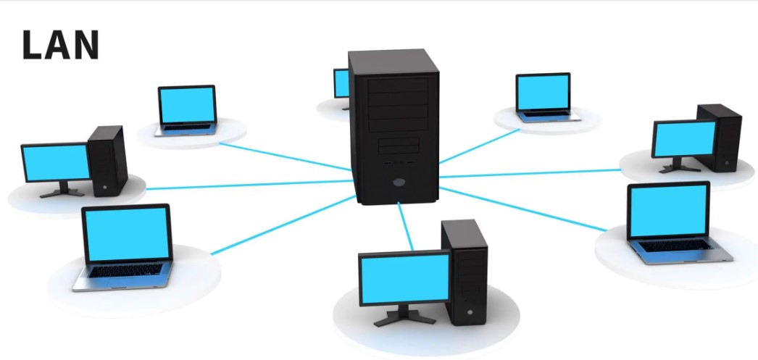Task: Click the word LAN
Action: pos(60,45)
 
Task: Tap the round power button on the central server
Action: pos(397,183)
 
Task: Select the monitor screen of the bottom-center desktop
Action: pos(404,280)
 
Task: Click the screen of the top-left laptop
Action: pos(187,104)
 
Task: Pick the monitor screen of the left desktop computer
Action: pos(56,163)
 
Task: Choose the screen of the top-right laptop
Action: pos(543,91)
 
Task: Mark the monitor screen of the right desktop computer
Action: pos(684,138)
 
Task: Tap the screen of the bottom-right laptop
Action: pos(667,210)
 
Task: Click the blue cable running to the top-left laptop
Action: pos(283,156)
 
